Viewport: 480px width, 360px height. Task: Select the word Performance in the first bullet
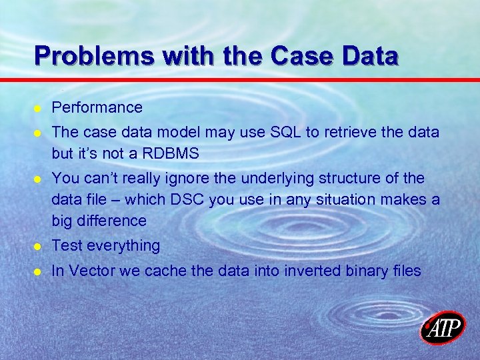tap(97, 107)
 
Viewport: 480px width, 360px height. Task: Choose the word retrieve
tap(351, 133)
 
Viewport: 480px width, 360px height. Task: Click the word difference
tap(113, 220)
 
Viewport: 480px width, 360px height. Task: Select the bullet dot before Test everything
tap(39, 247)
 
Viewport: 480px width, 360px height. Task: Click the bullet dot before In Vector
tap(39, 272)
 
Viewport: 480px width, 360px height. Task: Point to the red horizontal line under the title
tap(240, 81)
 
